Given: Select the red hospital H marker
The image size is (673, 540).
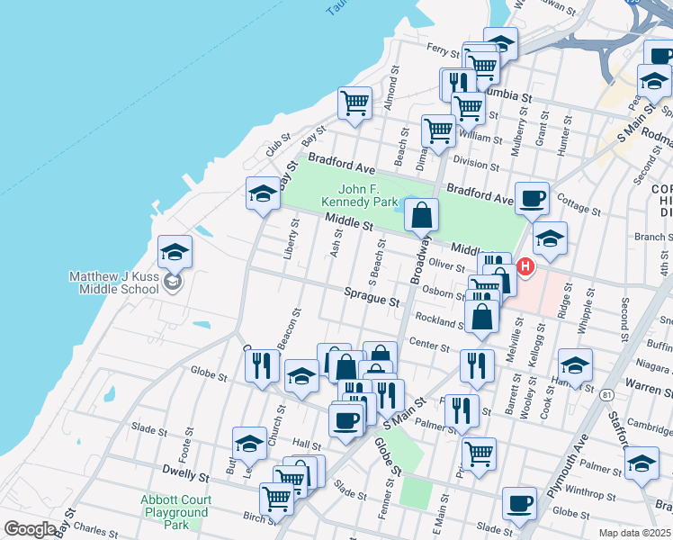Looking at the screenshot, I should [x=525, y=267].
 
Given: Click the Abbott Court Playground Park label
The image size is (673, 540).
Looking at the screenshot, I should [x=175, y=512].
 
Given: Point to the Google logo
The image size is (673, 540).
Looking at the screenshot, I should [x=29, y=529].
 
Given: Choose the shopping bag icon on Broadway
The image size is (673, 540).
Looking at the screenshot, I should [x=421, y=215].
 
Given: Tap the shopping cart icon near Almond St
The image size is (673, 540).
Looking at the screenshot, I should [x=355, y=103].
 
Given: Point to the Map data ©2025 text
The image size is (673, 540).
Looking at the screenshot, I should [x=635, y=533].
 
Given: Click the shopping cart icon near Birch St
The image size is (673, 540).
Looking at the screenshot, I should [x=276, y=497].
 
